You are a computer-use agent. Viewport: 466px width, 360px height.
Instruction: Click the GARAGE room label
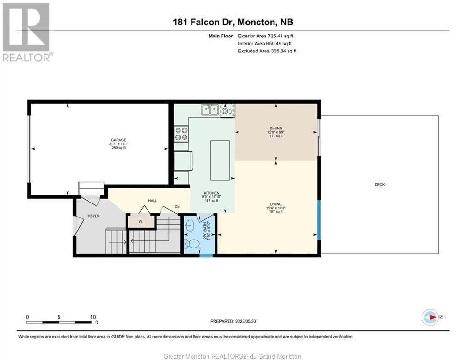click(118, 140)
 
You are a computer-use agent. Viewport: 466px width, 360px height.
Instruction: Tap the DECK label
click(379, 185)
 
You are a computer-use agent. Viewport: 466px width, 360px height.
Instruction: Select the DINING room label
click(276, 128)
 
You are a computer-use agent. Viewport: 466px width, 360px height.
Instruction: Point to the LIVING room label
click(276, 204)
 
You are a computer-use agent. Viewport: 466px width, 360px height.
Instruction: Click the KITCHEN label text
click(211, 193)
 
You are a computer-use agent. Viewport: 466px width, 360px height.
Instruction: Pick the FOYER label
click(93, 216)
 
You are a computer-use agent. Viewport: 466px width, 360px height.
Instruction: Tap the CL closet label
click(141, 222)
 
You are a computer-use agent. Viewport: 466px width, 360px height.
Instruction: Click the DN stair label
click(177, 206)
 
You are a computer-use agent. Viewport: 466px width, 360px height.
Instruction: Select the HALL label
click(153, 201)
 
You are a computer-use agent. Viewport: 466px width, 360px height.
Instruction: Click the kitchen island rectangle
click(220, 161)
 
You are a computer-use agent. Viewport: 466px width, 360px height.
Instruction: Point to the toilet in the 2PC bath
click(192, 244)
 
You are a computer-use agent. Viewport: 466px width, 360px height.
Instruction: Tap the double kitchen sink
click(210, 110)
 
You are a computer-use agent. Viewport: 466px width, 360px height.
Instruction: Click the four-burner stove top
click(181, 134)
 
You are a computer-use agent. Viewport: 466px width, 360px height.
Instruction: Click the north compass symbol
click(430, 317)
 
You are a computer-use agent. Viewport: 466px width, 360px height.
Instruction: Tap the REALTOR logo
click(27, 32)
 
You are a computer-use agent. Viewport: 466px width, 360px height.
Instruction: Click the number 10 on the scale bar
click(93, 317)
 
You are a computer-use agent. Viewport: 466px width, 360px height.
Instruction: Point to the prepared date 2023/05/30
click(245, 321)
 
